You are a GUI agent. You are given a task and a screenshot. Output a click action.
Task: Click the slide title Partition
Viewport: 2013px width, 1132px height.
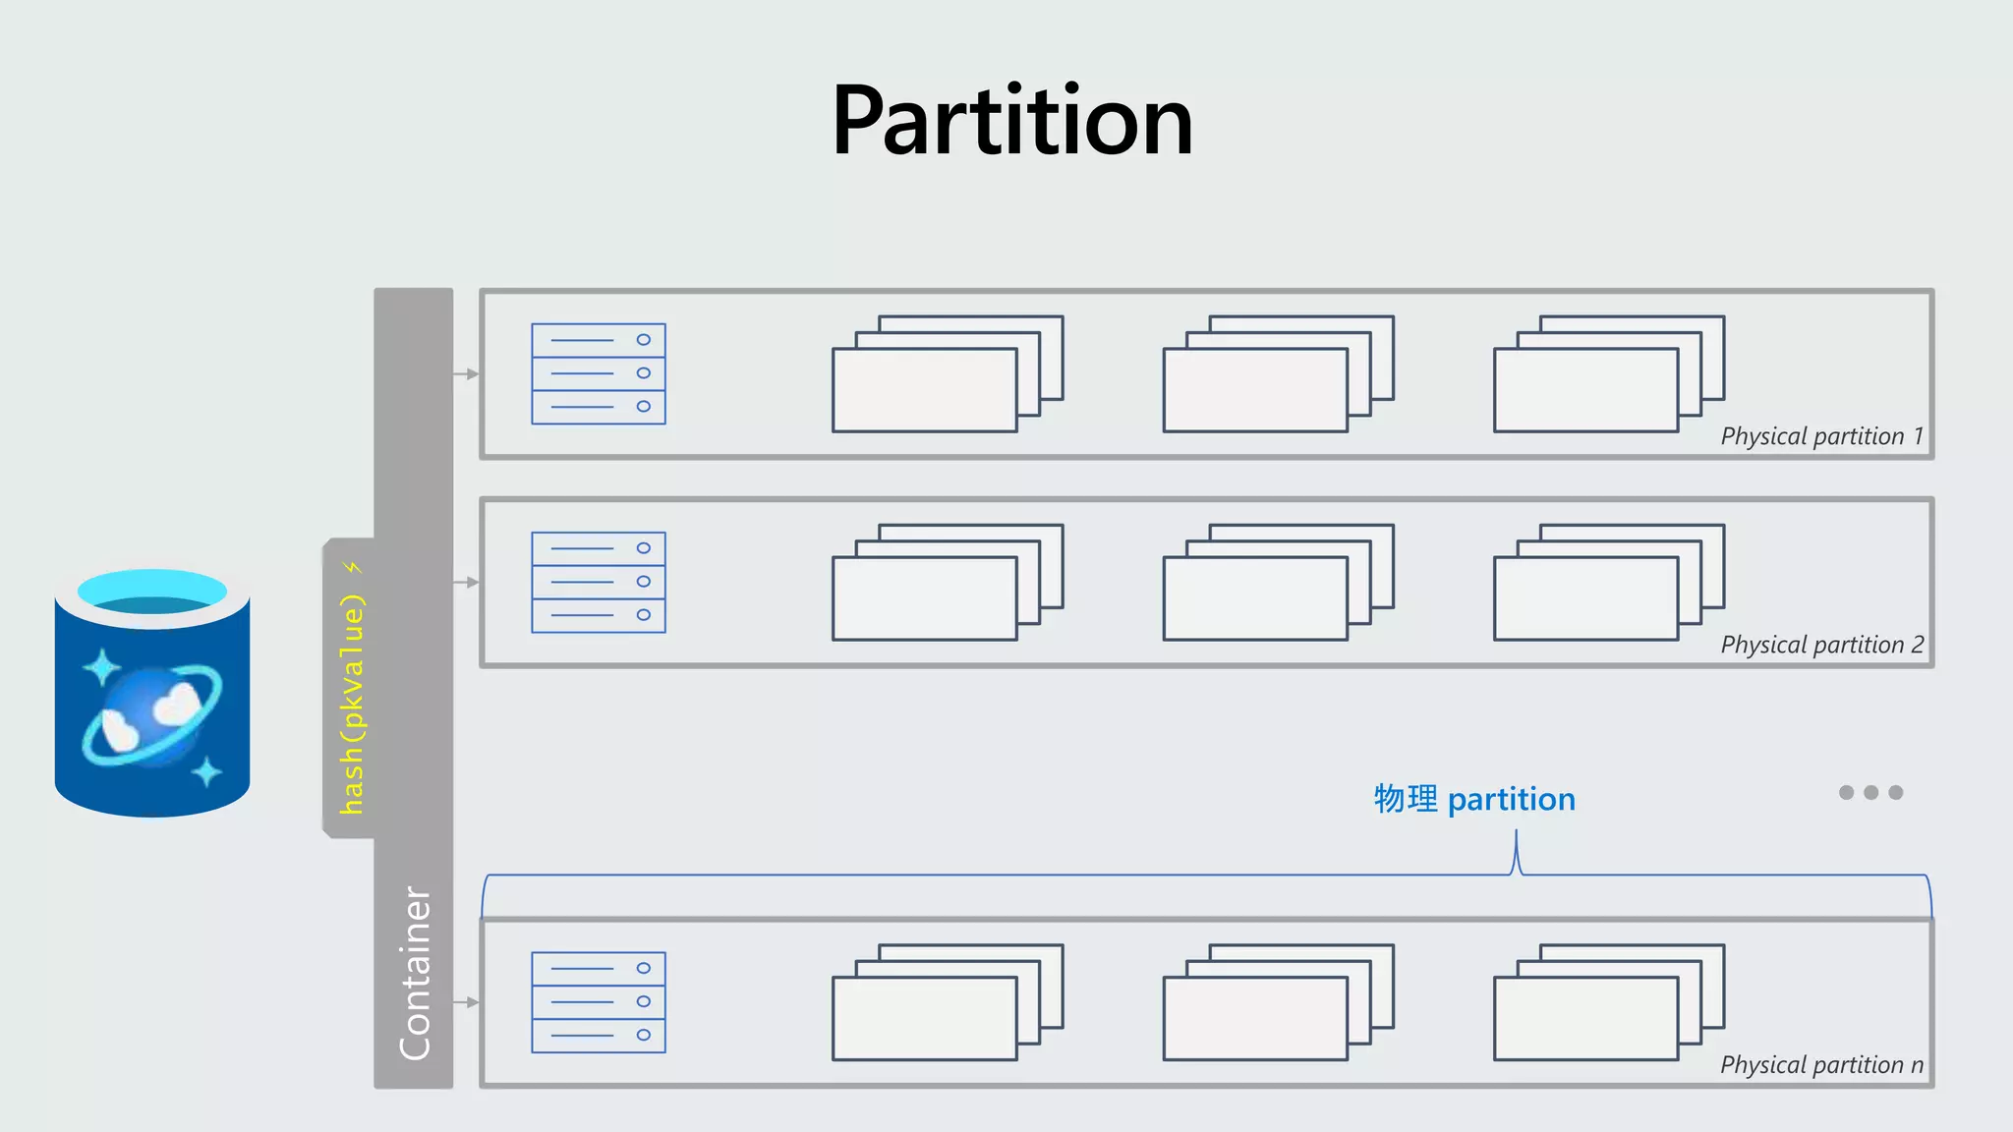[1011, 121]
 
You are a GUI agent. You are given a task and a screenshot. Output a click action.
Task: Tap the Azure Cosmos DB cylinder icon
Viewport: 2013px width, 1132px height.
[152, 692]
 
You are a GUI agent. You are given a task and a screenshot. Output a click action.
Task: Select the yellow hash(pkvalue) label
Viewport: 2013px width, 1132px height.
[352, 704]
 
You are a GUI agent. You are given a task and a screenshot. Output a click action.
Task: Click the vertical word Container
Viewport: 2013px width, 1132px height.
[415, 973]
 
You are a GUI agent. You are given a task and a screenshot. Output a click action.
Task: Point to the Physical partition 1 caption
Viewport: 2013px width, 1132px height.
[1821, 436]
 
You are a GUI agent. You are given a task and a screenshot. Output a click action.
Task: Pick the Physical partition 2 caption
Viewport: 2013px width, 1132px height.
[1821, 645]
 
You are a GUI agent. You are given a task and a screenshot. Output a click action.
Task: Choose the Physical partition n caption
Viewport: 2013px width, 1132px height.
[1821, 1065]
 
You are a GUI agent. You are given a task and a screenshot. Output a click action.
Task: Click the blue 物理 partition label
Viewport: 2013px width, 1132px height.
[1474, 799]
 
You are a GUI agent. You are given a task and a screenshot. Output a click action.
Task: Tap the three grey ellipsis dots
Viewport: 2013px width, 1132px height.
[1870, 792]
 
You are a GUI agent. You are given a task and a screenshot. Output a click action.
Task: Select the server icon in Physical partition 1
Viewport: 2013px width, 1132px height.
[599, 373]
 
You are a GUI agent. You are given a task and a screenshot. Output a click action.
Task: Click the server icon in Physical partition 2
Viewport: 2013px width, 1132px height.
[599, 582]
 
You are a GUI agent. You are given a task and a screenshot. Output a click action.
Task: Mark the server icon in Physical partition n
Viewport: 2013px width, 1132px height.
[599, 1002]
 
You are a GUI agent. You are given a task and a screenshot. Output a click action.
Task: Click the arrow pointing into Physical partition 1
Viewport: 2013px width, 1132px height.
[467, 374]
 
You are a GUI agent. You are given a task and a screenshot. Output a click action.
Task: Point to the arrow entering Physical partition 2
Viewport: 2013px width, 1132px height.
[467, 583]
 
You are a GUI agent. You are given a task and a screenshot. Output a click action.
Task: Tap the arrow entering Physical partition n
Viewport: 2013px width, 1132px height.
[467, 1002]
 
